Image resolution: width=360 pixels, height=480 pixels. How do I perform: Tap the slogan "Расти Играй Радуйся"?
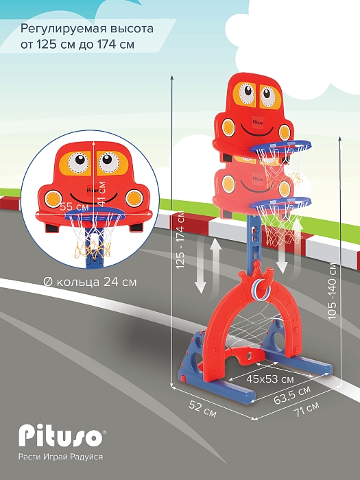click(x=60, y=457)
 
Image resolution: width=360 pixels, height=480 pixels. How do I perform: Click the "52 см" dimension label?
click(x=203, y=409)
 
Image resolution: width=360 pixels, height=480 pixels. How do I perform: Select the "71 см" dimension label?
click(x=307, y=409)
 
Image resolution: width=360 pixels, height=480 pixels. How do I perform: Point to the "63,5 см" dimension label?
click(x=292, y=394)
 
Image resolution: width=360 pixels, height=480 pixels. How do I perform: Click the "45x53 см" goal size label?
click(x=270, y=379)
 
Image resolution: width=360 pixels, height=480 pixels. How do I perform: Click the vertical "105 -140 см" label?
click(x=332, y=291)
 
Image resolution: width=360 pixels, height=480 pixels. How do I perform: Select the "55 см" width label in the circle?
click(x=74, y=206)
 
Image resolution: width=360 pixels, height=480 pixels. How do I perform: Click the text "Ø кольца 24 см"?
click(x=91, y=282)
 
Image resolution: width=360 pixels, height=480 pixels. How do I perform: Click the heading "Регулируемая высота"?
click(x=87, y=29)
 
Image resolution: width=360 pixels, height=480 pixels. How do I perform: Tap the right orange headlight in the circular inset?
click(x=134, y=198)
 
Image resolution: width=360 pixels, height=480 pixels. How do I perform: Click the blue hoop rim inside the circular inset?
click(x=95, y=215)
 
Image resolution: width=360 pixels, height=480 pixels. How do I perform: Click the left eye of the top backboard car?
click(x=246, y=93)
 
